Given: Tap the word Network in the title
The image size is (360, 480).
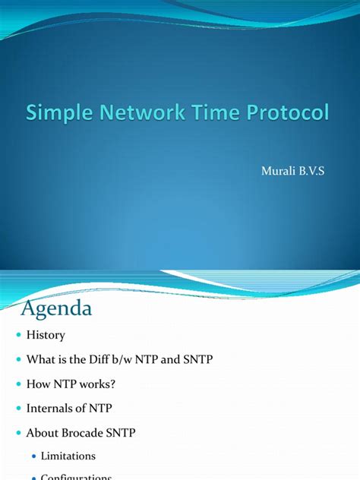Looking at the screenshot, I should (x=142, y=114).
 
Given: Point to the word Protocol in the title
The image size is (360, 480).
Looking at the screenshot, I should (x=290, y=114).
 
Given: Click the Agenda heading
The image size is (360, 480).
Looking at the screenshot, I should (x=56, y=309).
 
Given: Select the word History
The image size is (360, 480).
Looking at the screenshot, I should (x=46, y=335).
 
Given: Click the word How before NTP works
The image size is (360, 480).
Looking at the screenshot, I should (x=38, y=384).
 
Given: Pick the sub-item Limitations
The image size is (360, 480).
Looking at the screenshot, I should (x=68, y=456).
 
